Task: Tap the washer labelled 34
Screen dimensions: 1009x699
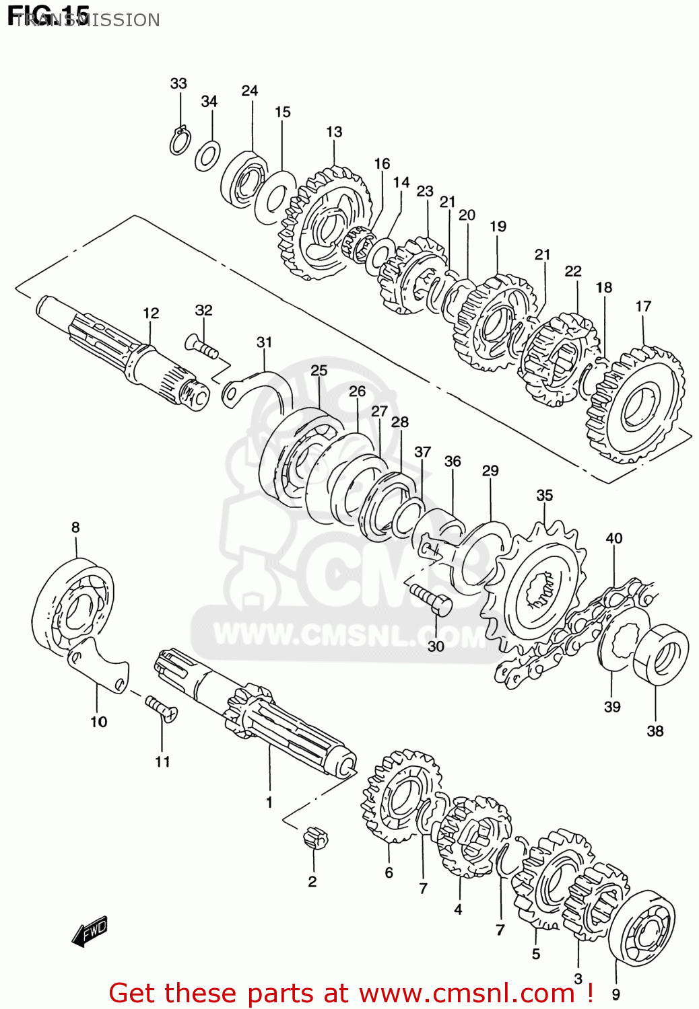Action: [x=207, y=156]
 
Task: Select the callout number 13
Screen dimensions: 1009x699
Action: [x=334, y=132]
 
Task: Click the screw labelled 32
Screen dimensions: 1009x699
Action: [x=201, y=347]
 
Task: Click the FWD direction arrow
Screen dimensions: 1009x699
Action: [x=90, y=932]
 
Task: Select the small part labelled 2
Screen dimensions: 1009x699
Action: [x=314, y=838]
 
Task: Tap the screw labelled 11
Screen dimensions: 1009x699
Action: [x=161, y=708]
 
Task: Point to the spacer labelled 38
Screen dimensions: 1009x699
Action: [x=661, y=655]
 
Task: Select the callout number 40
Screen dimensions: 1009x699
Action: [x=613, y=538]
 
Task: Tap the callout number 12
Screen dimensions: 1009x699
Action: [x=151, y=313]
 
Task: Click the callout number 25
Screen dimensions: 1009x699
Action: [x=319, y=370]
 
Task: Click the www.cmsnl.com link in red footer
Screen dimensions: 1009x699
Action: [x=467, y=993]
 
